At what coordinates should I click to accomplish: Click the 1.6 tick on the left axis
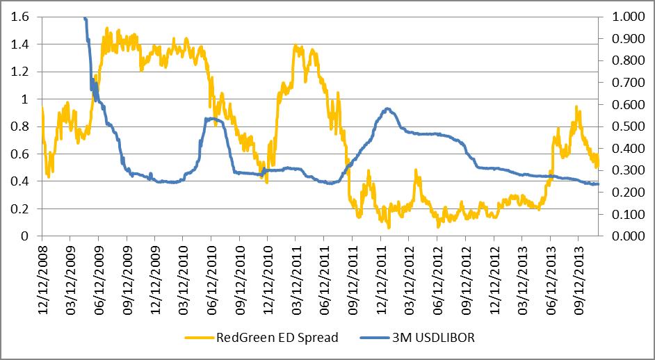[22, 18]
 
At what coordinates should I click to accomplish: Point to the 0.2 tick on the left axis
[22, 208]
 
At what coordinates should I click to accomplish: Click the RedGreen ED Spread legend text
[277, 338]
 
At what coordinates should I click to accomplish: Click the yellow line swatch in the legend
[199, 338]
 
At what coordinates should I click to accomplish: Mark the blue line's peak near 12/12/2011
[387, 108]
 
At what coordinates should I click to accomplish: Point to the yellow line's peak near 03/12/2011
[297, 46]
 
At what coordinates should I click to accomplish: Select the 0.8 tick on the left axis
[22, 127]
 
